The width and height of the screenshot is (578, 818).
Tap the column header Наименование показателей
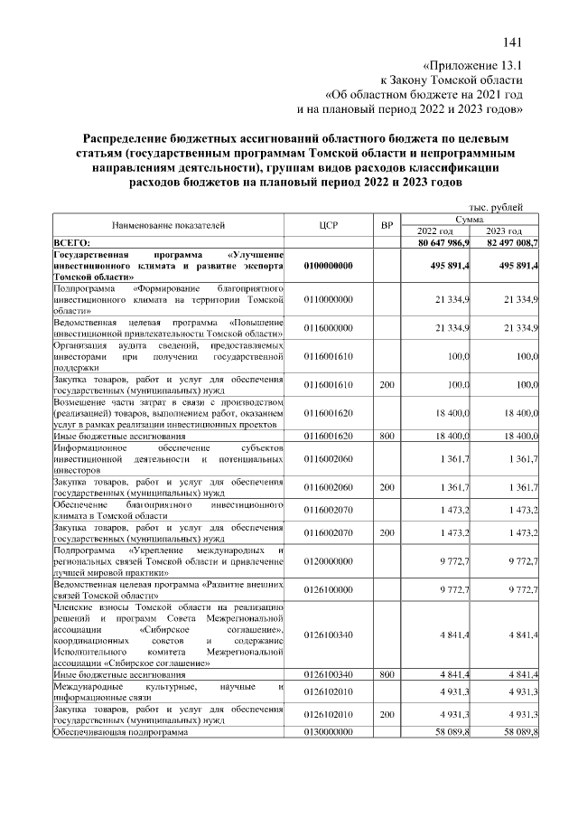click(x=169, y=225)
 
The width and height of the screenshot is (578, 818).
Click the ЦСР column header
click(x=328, y=225)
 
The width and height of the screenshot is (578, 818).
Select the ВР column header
click(x=387, y=225)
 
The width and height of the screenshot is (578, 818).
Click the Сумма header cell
click(x=471, y=219)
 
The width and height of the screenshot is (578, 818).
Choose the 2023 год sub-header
click(x=508, y=231)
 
